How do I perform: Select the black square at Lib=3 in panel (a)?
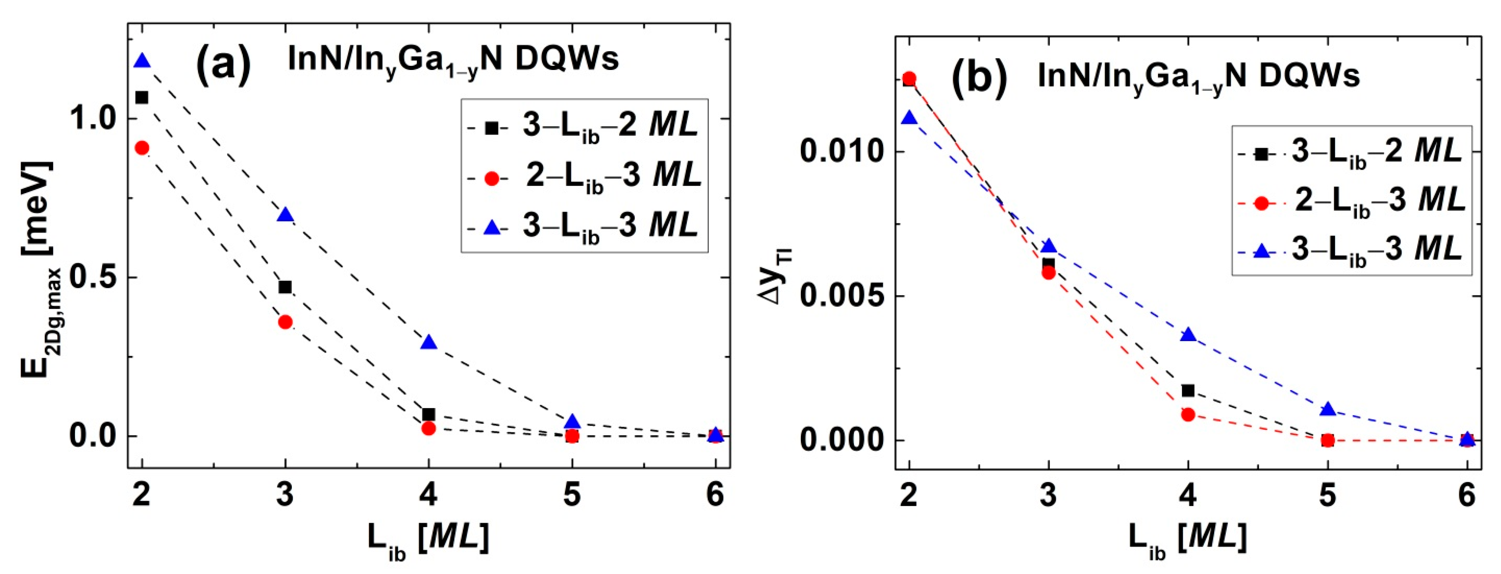click(285, 287)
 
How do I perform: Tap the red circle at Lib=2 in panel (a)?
click(142, 148)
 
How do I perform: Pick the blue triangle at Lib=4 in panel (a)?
click(429, 343)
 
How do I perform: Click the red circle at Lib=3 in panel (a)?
click(285, 322)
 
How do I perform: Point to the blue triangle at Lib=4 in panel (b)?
click(1188, 335)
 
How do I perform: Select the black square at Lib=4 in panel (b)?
click(1188, 390)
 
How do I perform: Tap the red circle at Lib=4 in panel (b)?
click(1188, 414)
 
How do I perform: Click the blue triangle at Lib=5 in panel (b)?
click(1327, 410)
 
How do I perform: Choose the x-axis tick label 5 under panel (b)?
click(1327, 496)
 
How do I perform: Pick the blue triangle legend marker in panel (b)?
click(1262, 251)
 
